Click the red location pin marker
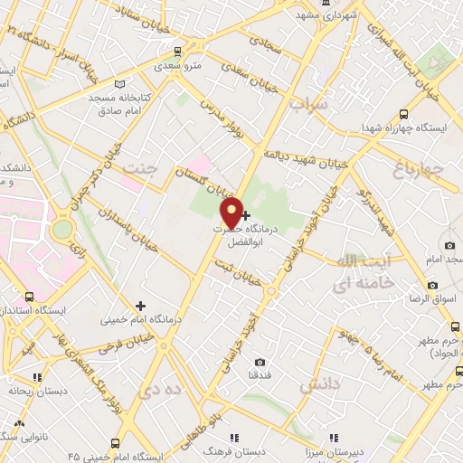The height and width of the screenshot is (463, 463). point(231,213)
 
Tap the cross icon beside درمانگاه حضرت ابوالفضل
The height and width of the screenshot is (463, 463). point(246,214)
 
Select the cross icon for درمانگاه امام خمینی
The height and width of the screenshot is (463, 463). point(140,306)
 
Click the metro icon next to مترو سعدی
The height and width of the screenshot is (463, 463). point(178,51)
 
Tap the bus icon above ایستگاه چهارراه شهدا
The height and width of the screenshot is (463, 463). point(403,115)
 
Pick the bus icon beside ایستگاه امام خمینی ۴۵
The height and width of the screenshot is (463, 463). point(115,443)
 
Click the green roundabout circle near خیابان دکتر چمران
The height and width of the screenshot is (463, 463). point(61,229)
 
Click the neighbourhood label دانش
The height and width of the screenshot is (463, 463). point(319,386)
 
